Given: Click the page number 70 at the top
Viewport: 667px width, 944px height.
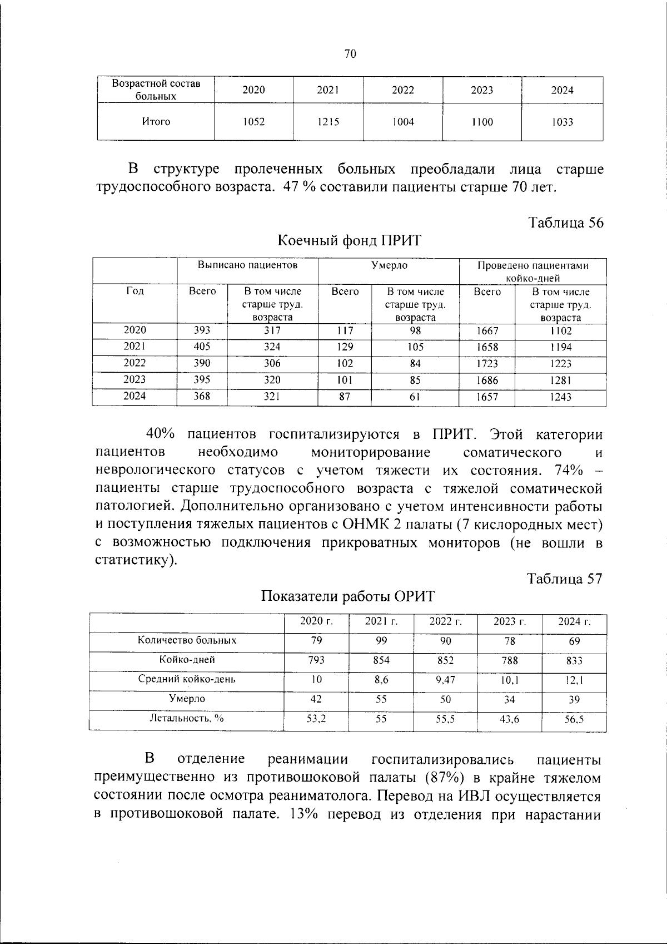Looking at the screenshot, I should coord(350,54).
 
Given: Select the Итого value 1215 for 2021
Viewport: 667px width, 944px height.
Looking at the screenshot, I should coord(328,122).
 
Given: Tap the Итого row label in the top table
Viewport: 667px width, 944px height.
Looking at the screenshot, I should coord(156,122).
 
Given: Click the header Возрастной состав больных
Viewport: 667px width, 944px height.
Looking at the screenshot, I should coord(156,90).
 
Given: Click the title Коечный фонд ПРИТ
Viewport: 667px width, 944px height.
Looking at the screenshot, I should coord(350,241).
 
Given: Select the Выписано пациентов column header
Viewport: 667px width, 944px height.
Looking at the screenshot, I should coord(248,265).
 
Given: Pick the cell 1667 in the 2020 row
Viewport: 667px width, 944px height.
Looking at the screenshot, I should coord(487,330).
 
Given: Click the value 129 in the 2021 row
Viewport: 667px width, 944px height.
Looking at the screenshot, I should coord(345,347).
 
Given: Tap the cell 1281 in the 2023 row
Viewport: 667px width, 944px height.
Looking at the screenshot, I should coord(560,380).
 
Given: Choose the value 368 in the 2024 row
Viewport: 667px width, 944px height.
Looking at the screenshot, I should coord(202,397).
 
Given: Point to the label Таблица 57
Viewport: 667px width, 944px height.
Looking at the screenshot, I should coord(565,579).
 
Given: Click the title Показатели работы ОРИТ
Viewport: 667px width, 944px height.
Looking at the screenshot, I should coord(348,596).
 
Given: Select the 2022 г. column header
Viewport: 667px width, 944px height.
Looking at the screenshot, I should coord(445,622).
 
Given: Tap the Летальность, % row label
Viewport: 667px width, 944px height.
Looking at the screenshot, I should coord(187,718).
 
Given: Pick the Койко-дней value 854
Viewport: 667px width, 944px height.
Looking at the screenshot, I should coord(381,660).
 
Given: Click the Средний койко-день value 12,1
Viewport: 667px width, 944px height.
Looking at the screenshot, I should coord(574,679).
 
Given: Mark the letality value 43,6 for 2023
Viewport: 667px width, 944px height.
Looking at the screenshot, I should coord(509,719).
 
